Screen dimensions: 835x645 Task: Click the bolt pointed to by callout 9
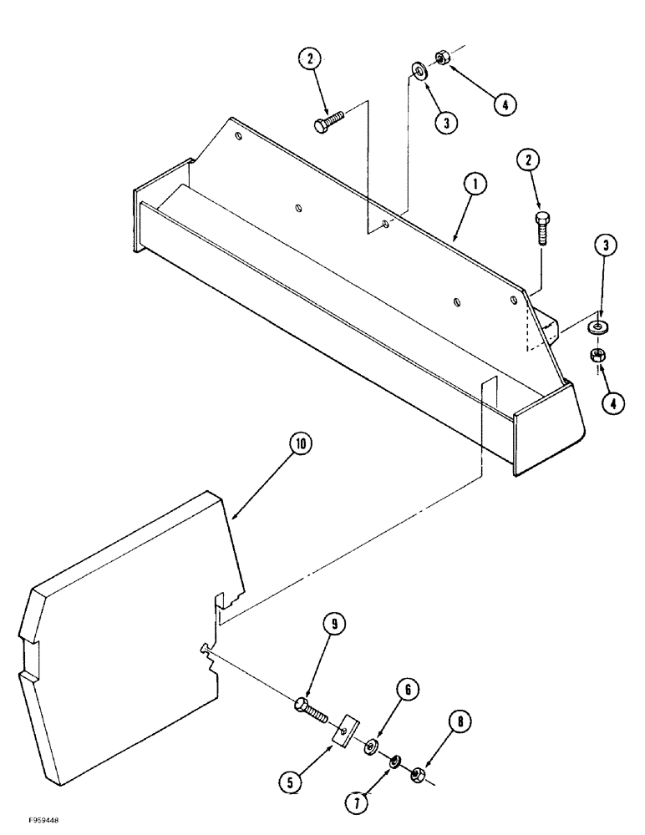pyautogui.click(x=314, y=708)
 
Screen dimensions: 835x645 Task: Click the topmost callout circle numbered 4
pyautogui.click(x=503, y=105)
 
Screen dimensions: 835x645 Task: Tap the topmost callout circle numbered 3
pyautogui.click(x=445, y=123)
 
